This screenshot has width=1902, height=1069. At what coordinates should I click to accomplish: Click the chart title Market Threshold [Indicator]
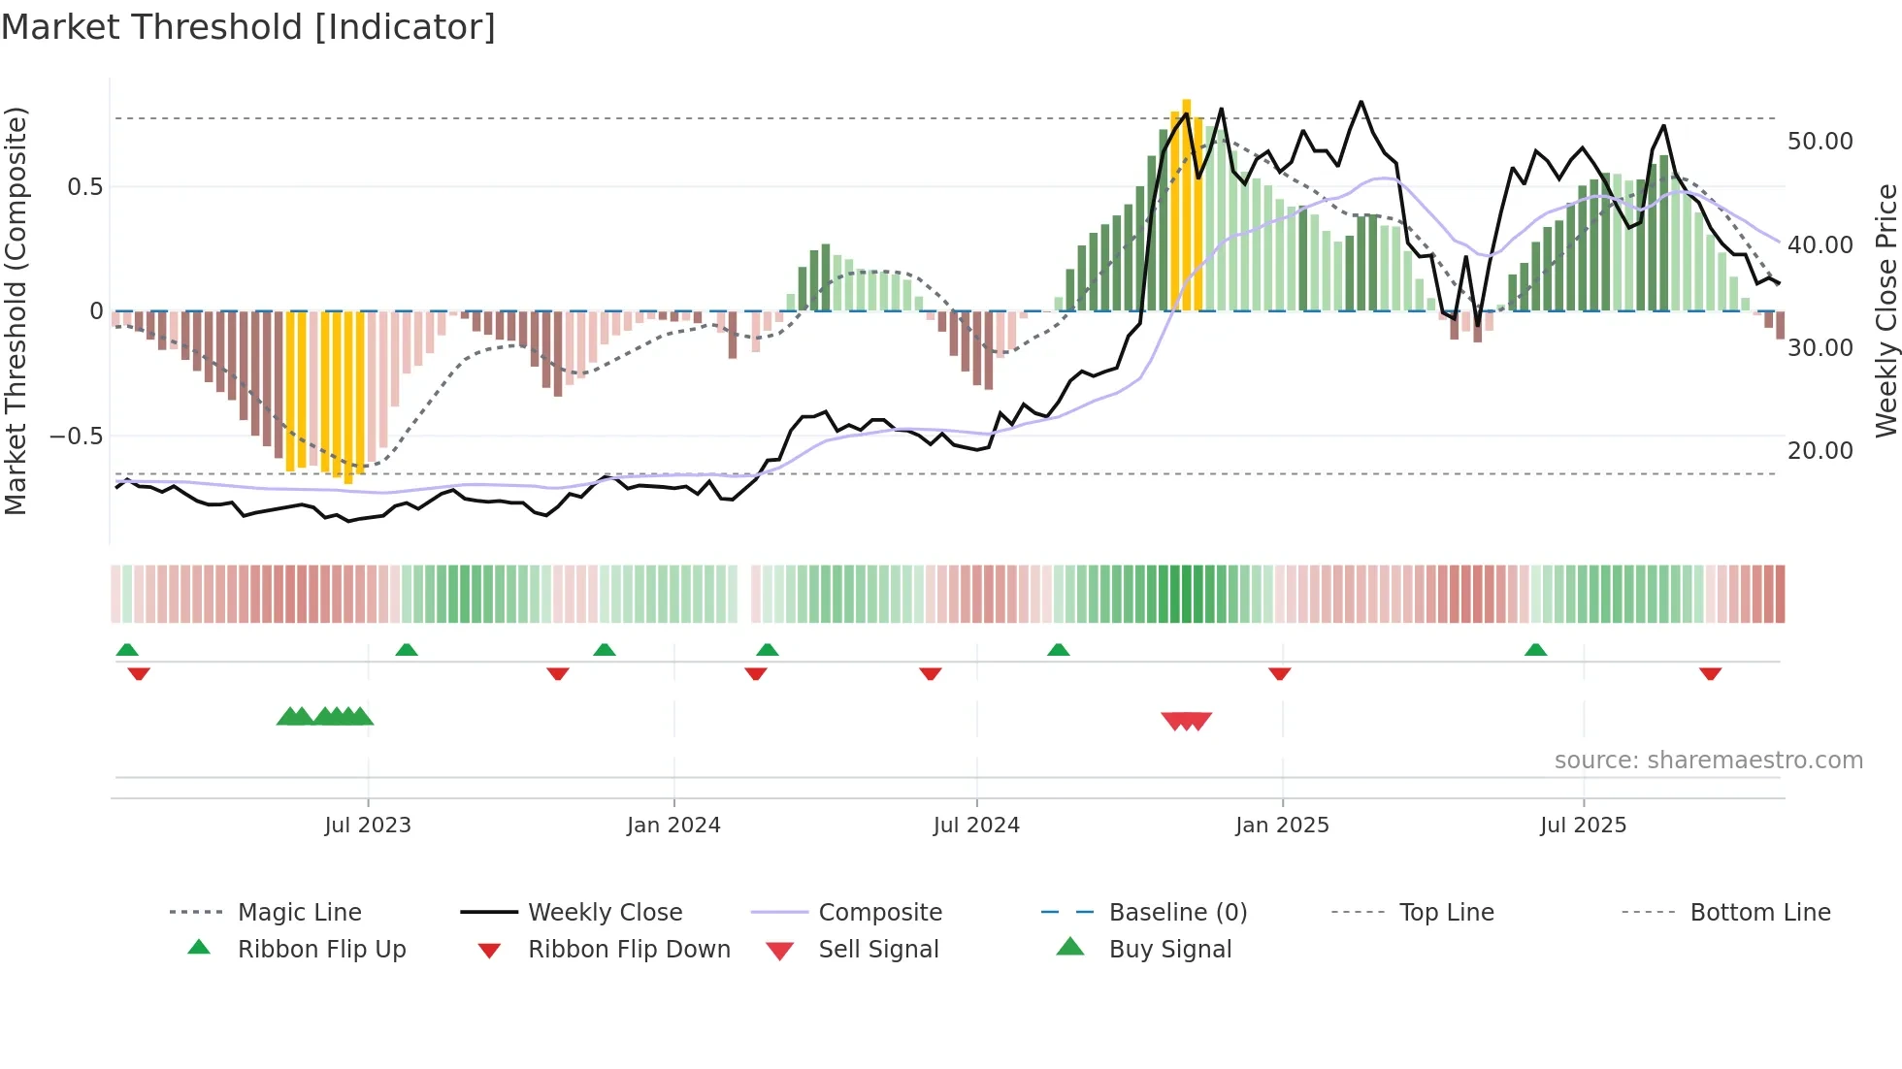(248, 27)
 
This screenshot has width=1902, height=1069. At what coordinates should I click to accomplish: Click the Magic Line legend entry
(299, 913)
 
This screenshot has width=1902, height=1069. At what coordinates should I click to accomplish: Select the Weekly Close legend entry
(605, 913)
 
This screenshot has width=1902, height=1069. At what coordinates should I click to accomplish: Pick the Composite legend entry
(879, 913)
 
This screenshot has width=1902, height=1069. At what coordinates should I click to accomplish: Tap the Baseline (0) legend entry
(1177, 913)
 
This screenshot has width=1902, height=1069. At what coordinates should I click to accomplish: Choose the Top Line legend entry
(1446, 913)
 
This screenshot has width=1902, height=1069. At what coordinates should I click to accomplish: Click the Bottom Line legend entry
(1759, 913)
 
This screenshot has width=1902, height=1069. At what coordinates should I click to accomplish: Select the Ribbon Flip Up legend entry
(321, 950)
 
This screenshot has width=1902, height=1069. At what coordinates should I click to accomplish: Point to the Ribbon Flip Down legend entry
(628, 950)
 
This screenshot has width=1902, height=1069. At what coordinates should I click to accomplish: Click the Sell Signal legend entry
(877, 950)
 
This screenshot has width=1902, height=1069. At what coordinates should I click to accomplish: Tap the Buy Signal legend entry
(1169, 950)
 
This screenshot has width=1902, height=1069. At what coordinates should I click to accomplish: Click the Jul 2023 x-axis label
(368, 826)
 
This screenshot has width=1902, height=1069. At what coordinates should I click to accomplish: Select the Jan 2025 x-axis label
(1282, 826)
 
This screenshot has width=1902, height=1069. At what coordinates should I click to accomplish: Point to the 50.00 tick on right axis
(1820, 142)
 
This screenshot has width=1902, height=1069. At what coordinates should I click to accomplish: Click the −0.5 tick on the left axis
(77, 437)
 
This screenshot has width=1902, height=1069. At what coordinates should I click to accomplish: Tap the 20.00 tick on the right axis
(1820, 451)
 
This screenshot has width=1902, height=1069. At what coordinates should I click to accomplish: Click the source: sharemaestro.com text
(1708, 761)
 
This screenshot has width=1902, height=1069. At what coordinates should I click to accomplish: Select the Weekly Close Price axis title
(1885, 310)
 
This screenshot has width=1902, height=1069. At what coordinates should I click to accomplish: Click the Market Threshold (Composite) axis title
(16, 310)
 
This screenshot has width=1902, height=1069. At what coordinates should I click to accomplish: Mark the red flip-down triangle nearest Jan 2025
(1279, 673)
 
